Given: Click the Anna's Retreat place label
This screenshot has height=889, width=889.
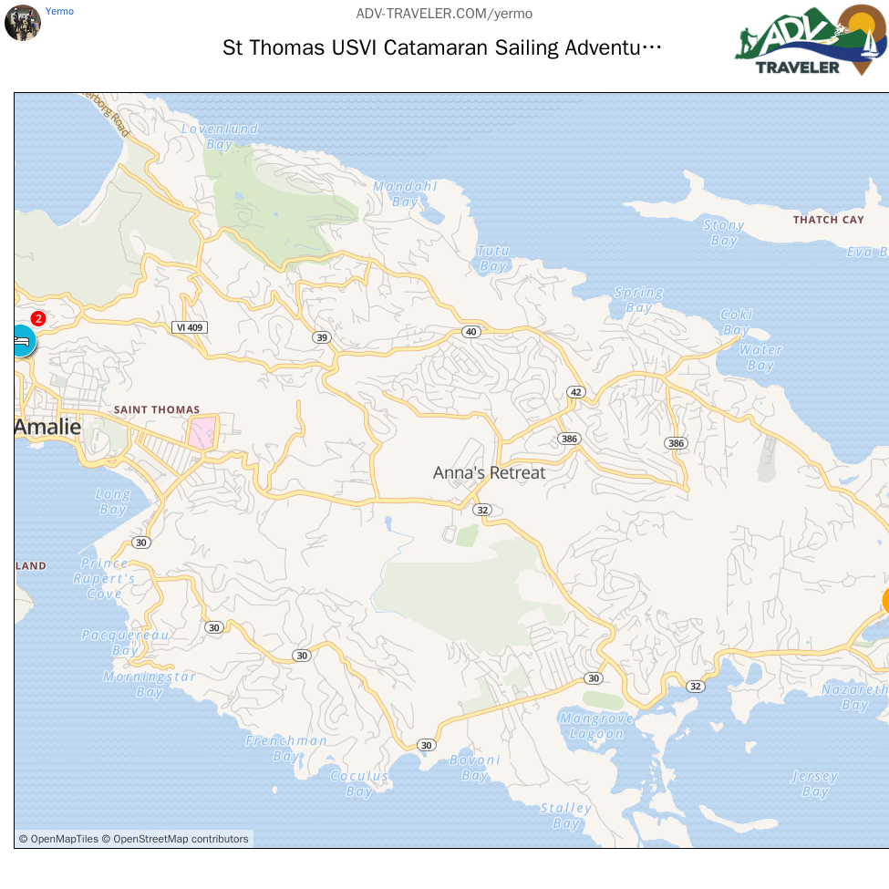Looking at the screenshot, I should click(x=489, y=472).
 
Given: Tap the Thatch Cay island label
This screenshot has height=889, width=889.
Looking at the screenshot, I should click(x=828, y=220).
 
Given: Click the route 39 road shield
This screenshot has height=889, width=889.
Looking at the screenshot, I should click(x=321, y=337).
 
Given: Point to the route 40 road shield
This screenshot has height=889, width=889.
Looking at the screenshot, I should click(x=470, y=331).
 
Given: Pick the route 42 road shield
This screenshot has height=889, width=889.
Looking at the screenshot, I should click(x=574, y=392).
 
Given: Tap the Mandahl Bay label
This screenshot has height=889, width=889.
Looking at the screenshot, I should click(x=405, y=193).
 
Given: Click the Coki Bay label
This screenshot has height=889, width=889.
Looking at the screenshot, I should click(x=736, y=322).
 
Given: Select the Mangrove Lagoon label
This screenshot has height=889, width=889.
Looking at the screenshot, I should click(x=592, y=726).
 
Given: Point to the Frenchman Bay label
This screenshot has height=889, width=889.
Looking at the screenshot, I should click(x=286, y=749).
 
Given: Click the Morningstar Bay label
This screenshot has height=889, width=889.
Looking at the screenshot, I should click(x=150, y=684).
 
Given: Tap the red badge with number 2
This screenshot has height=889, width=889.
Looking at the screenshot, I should click(x=38, y=318).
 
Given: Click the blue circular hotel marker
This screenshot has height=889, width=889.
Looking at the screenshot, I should click(x=22, y=340).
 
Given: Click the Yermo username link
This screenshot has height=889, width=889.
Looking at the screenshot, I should click(x=59, y=11).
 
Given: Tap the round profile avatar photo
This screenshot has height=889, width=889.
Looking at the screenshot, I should click(x=22, y=23).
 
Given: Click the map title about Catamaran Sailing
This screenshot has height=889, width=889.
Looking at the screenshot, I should click(x=442, y=47).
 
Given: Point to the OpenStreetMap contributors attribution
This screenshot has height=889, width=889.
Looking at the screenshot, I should click(x=181, y=839).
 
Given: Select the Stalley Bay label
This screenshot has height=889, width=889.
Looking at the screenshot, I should click(x=565, y=815).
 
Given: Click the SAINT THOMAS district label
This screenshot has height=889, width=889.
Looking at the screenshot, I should click(x=156, y=409).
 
